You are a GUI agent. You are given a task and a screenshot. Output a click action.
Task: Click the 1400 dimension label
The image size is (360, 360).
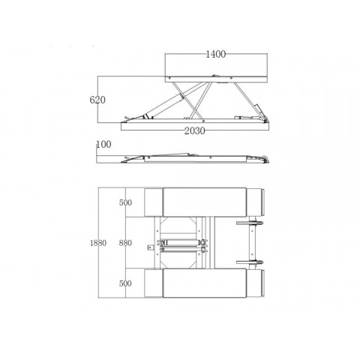point(215,54)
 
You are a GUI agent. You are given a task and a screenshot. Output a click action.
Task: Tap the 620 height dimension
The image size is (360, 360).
point(97,100)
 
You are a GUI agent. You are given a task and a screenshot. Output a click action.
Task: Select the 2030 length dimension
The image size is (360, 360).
point(194,130)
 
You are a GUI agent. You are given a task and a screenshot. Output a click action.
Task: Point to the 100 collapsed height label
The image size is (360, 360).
point(103,145)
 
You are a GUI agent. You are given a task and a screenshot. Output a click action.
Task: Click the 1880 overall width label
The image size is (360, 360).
point(98,243)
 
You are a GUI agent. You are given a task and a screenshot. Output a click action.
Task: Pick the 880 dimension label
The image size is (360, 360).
point(125,243)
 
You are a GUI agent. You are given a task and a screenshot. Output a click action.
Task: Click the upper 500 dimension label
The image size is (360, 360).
point(125,202)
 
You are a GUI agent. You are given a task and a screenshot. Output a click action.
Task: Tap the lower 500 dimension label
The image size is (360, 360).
point(125,283)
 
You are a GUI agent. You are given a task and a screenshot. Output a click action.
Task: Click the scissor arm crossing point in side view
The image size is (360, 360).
point(196,107)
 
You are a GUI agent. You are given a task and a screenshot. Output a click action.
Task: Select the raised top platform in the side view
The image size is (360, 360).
point(216,79)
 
